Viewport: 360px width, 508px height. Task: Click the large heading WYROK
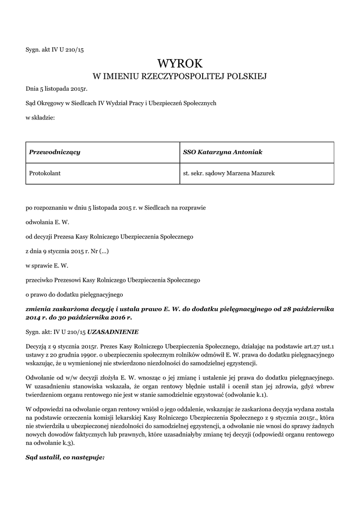click(180, 63)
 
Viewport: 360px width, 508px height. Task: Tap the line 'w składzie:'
click(40, 118)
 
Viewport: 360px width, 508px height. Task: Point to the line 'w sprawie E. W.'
click(47, 265)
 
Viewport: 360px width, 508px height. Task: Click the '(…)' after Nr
click(104, 252)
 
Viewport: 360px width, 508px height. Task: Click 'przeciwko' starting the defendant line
click(39, 280)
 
